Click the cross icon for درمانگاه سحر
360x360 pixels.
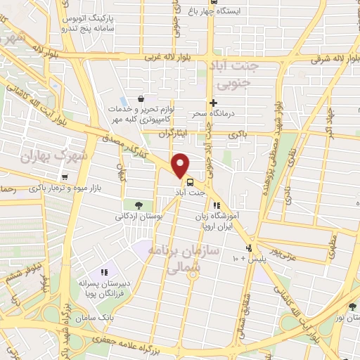(213, 103)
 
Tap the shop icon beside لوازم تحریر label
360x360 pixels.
(142, 99)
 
